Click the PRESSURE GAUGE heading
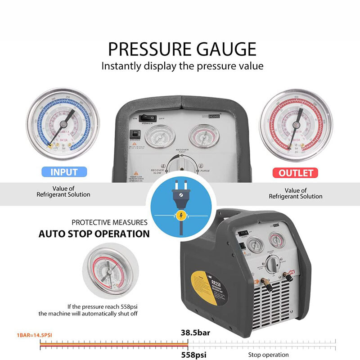pos(182,49)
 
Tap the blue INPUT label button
pos(64,172)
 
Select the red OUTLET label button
pos(296,173)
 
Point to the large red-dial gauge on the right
pos(296,124)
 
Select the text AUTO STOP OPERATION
pos(94,234)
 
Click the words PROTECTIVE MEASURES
pos(109,222)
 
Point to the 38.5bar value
pos(196,333)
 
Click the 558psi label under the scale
pos(193,355)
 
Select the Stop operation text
pos(269,355)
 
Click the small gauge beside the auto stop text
pos(107,271)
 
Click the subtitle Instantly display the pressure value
pos(182,66)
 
